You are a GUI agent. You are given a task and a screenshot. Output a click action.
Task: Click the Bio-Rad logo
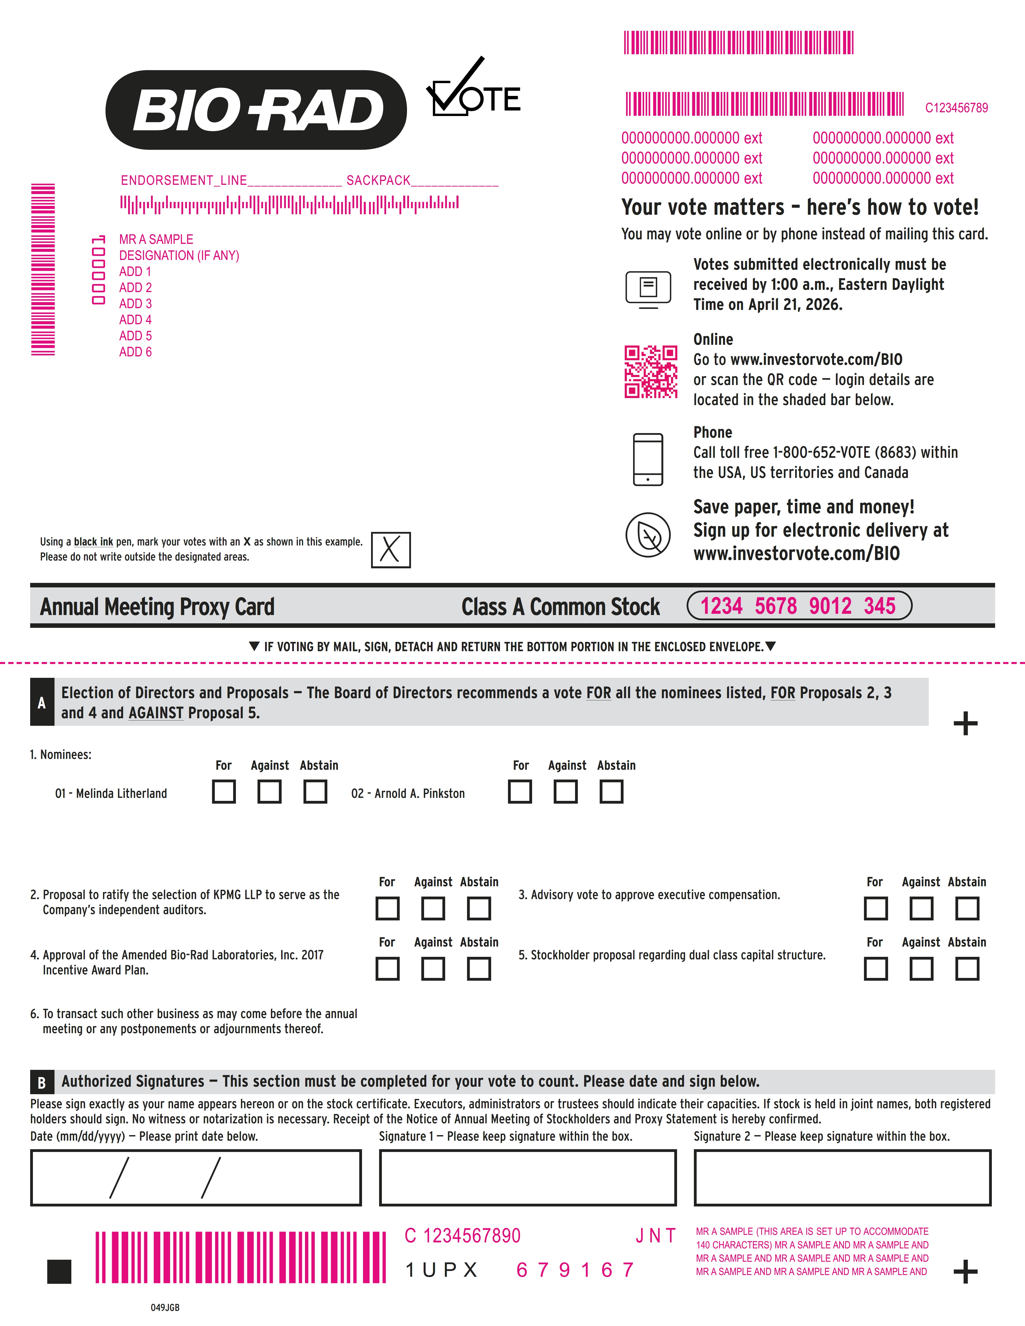(256, 110)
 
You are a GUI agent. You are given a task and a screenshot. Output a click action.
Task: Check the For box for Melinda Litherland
(223, 792)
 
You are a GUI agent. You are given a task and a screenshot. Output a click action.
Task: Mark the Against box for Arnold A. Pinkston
(565, 792)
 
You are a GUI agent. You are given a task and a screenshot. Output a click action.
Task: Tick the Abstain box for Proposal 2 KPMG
(479, 908)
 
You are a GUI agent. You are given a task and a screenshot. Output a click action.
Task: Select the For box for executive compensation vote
(875, 908)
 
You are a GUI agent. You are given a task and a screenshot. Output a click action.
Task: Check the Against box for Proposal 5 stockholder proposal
(921, 968)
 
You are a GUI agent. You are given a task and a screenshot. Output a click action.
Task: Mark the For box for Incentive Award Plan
(387, 968)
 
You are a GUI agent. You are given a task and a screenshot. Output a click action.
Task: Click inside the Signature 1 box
(527, 1177)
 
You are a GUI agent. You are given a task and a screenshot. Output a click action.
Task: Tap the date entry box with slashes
(195, 1177)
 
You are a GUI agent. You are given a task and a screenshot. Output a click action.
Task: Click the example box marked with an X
(390, 549)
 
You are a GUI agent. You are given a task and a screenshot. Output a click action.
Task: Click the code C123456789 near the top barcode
(956, 108)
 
